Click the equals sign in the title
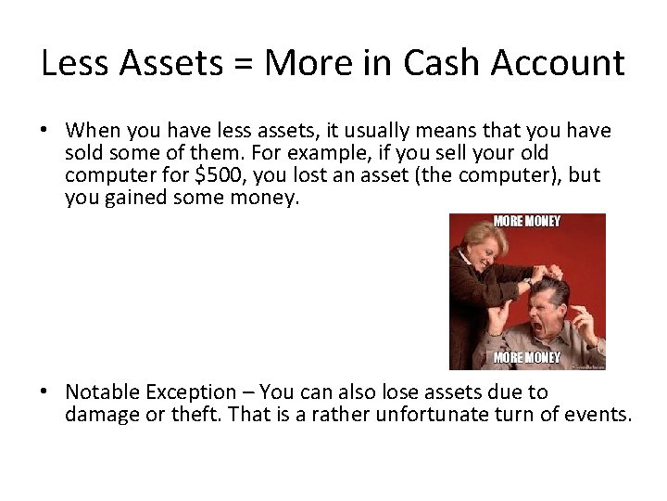(245, 64)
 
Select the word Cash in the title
(449, 64)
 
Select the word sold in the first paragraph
(84, 153)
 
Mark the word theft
(196, 415)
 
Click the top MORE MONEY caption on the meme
(527, 222)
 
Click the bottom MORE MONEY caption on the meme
(527, 357)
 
